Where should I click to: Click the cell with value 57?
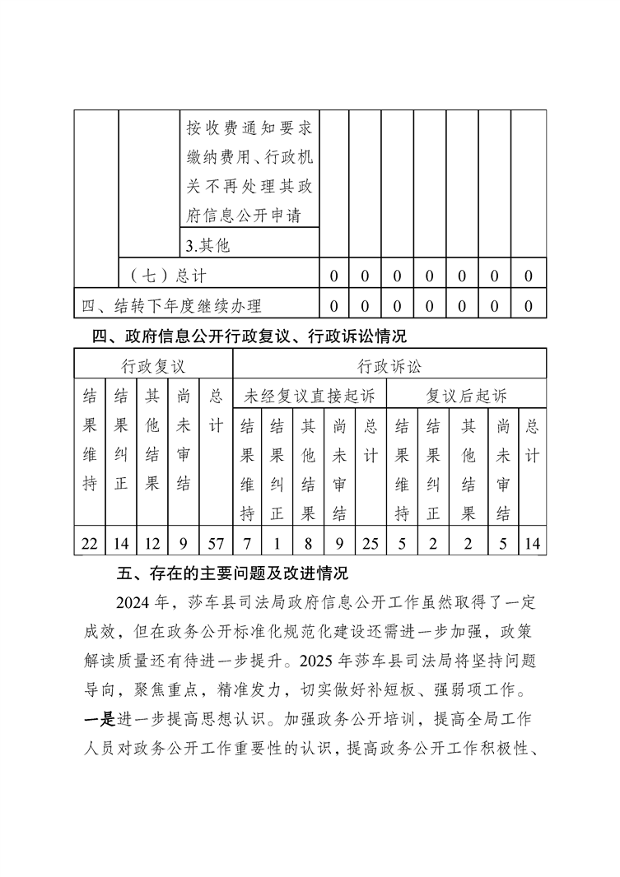[216, 541]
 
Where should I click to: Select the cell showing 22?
[90, 541]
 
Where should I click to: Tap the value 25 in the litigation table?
[371, 541]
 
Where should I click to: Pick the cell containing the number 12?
[152, 541]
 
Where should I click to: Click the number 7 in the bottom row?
[246, 541]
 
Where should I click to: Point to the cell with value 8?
[308, 541]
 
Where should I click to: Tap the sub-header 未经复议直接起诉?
[310, 396]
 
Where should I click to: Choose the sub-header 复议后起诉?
[466, 396]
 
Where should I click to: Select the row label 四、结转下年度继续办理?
[172, 306]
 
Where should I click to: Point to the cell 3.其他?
[207, 245]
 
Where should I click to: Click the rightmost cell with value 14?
[533, 541]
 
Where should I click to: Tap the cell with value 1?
[277, 541]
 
